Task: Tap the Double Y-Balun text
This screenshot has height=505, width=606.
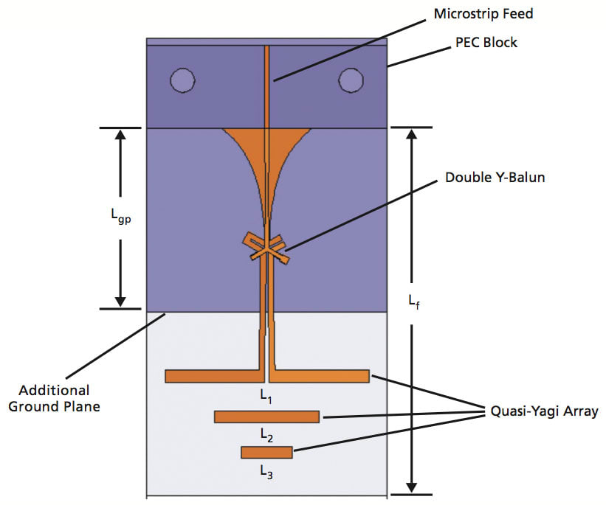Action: [x=495, y=178]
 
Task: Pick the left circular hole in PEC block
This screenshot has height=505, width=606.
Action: [x=182, y=80]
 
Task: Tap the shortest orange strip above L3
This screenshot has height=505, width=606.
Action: [x=266, y=452]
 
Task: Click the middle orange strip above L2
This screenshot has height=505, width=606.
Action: [x=266, y=417]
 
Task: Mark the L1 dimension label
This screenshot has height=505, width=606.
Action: [x=266, y=396]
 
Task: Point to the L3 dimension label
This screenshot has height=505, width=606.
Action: [x=267, y=474]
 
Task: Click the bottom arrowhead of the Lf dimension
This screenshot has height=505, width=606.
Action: [x=414, y=487]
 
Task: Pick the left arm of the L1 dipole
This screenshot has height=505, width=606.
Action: [x=212, y=376]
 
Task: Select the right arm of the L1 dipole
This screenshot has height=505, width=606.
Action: [x=321, y=376]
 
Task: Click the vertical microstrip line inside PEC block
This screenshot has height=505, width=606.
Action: [x=267, y=85]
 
